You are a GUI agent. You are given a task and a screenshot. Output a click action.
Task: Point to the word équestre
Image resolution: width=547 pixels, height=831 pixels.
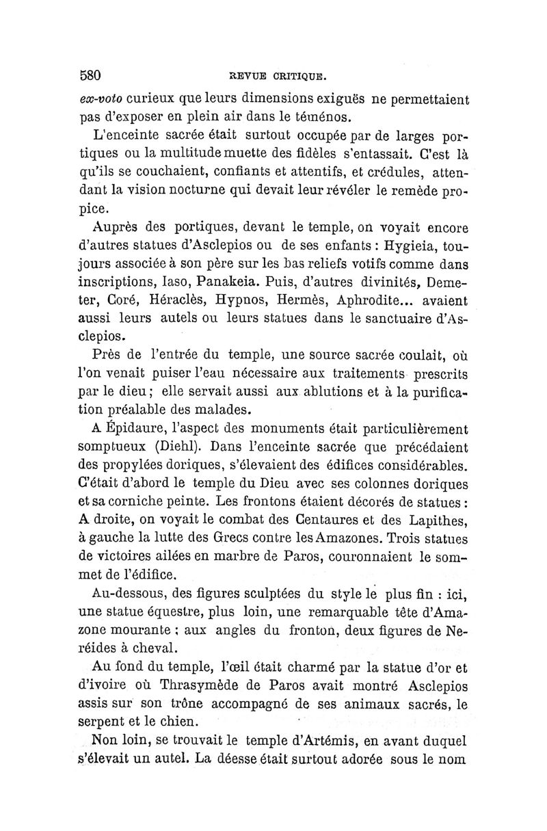tap(157, 610)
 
